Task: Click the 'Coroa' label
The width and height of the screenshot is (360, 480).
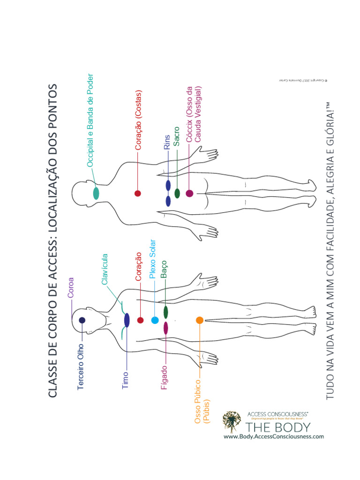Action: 71,288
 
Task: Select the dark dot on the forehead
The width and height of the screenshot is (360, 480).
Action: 82,320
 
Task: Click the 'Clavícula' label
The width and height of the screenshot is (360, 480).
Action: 105,270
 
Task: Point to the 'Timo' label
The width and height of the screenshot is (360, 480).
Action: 125,382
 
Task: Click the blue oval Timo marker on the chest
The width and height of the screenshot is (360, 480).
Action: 127,320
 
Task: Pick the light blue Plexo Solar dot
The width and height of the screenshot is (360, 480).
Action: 155,320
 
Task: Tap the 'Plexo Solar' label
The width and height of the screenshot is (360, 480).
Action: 152,259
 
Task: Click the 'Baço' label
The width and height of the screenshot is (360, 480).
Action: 164,270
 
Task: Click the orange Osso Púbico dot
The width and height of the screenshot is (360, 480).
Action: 199,320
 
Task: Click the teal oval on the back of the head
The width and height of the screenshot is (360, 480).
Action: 96,193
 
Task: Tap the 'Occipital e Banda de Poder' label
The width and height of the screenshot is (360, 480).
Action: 90,120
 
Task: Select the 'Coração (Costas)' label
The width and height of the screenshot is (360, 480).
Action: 138,120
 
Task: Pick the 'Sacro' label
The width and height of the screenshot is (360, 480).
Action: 177,136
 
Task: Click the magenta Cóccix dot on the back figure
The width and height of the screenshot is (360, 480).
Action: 189,193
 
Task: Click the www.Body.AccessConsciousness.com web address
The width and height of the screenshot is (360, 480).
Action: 274,436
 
